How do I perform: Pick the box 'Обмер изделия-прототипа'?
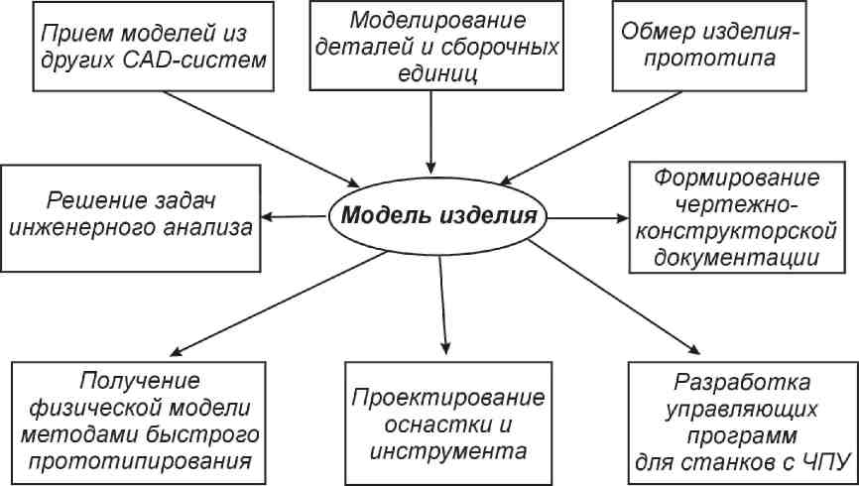(709, 46)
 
